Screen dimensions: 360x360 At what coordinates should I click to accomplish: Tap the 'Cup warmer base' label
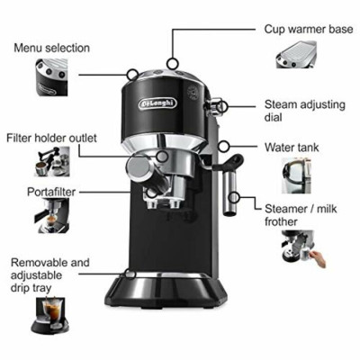[x=307, y=29]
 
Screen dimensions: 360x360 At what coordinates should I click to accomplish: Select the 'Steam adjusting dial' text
[x=307, y=112]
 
